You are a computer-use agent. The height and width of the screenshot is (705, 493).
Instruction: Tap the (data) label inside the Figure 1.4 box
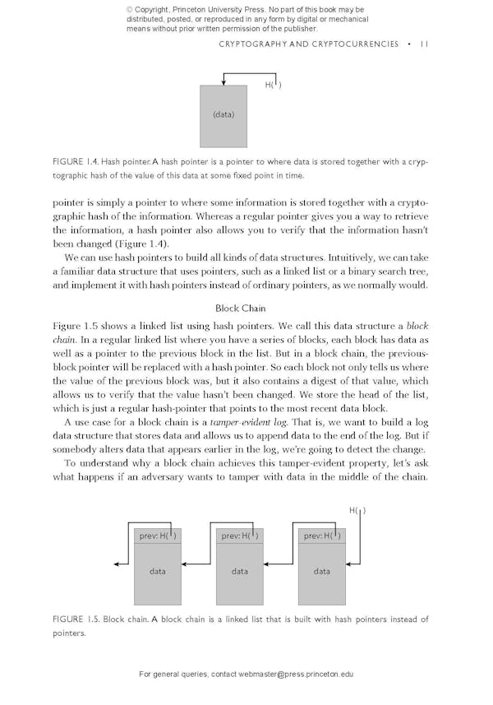pyautogui.click(x=223, y=114)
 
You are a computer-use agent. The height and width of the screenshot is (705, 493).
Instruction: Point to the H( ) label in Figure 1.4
pyautogui.click(x=274, y=85)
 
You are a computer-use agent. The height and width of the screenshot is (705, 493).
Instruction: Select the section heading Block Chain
pyautogui.click(x=239, y=308)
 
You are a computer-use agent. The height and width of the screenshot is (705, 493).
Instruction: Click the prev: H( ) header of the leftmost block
pyautogui.click(x=158, y=536)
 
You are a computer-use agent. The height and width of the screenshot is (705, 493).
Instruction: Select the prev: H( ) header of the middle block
pyautogui.click(x=240, y=536)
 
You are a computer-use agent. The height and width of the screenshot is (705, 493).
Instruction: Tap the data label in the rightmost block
pyautogui.click(x=322, y=571)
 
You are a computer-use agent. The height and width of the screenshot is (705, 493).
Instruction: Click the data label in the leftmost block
pyautogui.click(x=158, y=571)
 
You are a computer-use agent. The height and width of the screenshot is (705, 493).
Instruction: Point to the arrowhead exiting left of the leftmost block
pyautogui.click(x=117, y=564)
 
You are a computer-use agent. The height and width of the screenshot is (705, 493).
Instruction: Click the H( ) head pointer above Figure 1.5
pyautogui.click(x=357, y=510)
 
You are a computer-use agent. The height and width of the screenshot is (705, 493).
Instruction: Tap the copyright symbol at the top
pyautogui.click(x=130, y=10)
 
